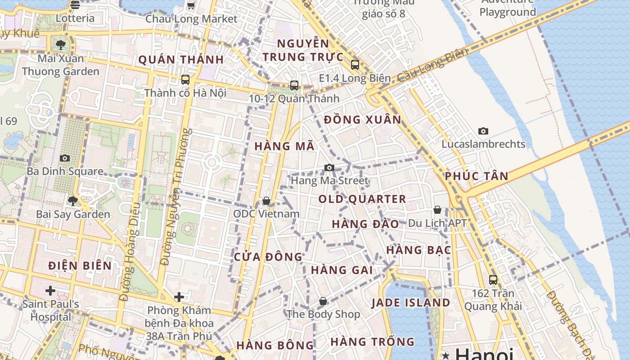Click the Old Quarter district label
point(362,199)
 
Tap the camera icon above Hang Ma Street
point(329,168)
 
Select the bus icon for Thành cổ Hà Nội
point(185,80)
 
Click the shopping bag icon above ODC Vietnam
point(266,201)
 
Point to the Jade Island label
point(410,303)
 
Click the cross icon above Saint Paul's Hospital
point(50,291)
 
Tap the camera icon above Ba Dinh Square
point(65,158)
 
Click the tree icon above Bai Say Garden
point(73,201)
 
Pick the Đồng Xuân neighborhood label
point(362,120)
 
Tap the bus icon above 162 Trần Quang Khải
point(493,279)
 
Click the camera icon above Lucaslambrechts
point(483,131)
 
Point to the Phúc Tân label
point(477,176)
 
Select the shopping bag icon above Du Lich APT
point(437,210)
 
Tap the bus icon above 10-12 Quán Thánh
point(294,85)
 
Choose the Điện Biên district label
point(80,265)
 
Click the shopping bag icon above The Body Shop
point(323,301)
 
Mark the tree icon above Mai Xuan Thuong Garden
point(61,45)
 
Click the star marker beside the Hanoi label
point(446,355)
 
